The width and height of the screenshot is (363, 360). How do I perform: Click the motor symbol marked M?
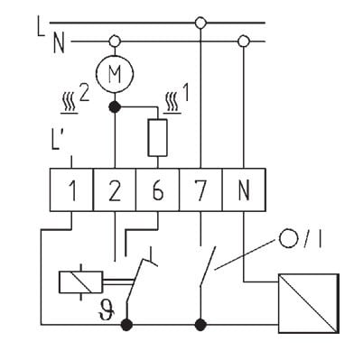[x=115, y=73]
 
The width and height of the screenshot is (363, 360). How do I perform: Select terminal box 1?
[x=71, y=189]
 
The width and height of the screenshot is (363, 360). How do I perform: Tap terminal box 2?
[x=115, y=189]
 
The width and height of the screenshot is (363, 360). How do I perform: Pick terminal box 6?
[x=157, y=189]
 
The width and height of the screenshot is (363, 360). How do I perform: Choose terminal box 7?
[x=200, y=189]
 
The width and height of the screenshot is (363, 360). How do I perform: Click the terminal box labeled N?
[x=244, y=189]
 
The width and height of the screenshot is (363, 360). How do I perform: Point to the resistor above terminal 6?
[x=157, y=138]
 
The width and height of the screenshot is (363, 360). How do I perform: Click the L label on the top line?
[x=41, y=26]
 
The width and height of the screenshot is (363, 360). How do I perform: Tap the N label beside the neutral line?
[x=59, y=43]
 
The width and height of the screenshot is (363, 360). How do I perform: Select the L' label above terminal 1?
[x=57, y=140]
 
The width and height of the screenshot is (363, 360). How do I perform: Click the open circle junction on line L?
[x=200, y=23]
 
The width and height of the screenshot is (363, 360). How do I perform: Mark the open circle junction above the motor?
[x=115, y=41]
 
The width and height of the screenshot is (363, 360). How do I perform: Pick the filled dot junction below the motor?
[x=115, y=106]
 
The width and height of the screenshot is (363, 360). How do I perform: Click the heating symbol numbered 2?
[x=75, y=101]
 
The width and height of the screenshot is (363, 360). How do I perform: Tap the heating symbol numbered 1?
[x=177, y=100]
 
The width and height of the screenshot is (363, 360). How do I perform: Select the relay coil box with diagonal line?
[x=80, y=282]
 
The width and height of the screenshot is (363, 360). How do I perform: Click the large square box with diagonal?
[x=309, y=303]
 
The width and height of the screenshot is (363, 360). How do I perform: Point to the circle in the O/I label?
[x=288, y=238]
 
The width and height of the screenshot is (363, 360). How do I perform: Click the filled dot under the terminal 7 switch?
[x=200, y=325]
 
